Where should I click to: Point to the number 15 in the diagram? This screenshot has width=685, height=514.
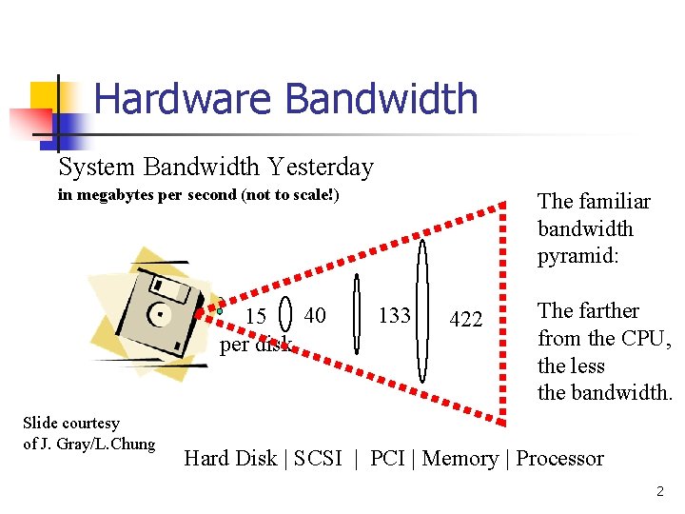click(x=255, y=316)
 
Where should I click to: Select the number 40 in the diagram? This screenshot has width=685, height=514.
click(x=315, y=315)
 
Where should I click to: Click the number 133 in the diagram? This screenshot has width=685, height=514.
click(x=394, y=315)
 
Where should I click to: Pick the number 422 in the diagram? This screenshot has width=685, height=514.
click(x=465, y=320)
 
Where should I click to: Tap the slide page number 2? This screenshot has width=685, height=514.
click(x=659, y=492)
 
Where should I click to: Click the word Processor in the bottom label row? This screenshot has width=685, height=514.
click(x=559, y=459)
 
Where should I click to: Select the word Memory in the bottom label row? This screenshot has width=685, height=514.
click(x=460, y=459)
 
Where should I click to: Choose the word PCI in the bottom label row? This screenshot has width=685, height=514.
click(x=387, y=459)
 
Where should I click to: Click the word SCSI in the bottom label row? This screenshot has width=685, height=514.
click(x=318, y=459)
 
